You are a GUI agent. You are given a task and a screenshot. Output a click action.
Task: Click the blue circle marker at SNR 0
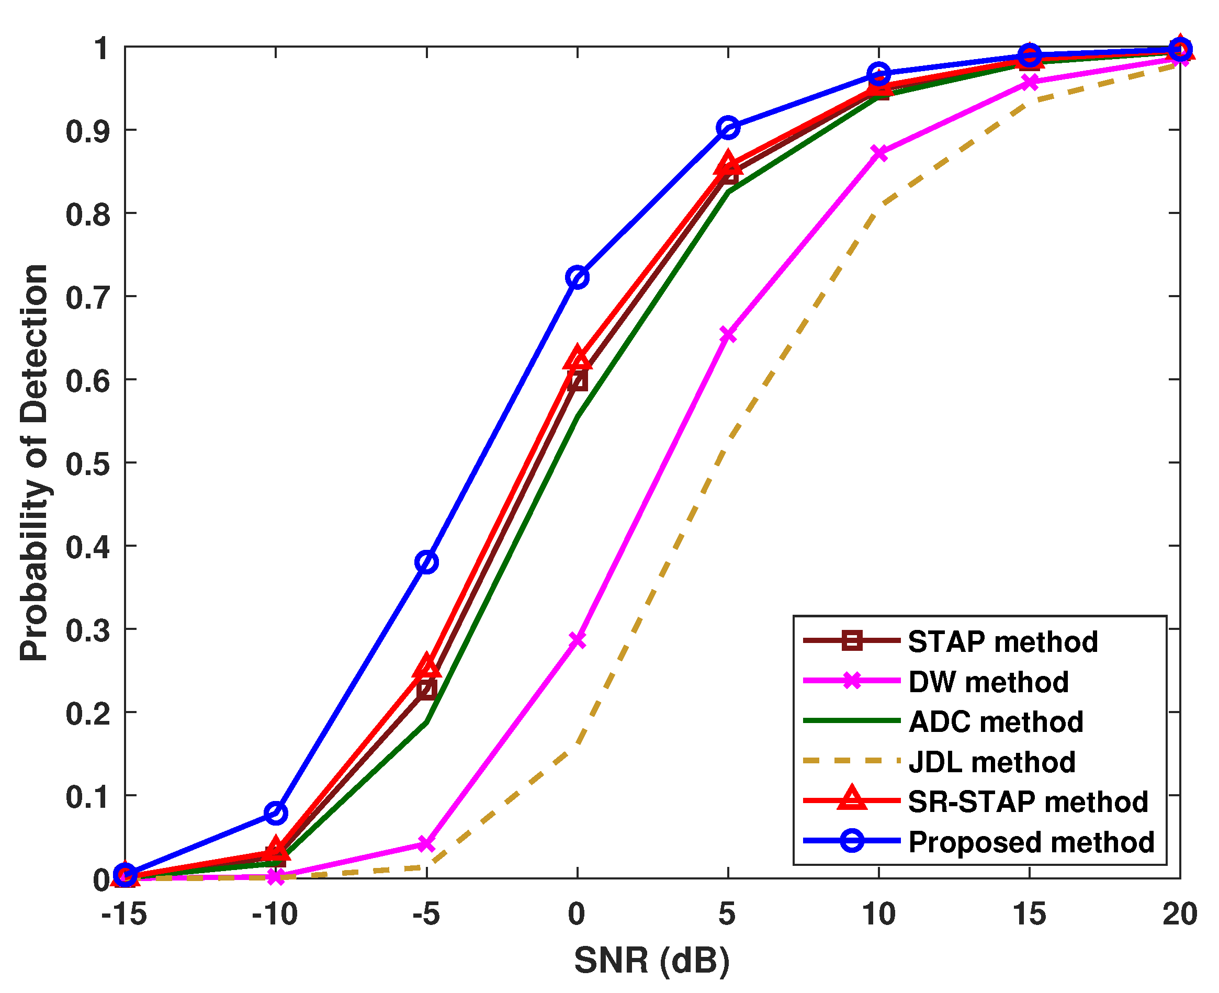(577, 277)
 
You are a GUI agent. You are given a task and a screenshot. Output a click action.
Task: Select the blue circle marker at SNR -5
(427, 562)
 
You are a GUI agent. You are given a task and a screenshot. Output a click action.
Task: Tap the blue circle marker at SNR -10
(276, 813)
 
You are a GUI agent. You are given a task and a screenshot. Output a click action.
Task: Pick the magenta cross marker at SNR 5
(728, 335)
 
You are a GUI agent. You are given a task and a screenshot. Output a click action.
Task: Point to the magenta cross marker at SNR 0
(577, 640)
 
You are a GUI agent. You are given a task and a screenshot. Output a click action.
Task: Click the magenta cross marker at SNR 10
(878, 153)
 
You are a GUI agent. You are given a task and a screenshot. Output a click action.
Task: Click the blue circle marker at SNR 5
(728, 128)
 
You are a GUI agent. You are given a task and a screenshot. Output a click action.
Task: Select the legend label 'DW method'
(988, 682)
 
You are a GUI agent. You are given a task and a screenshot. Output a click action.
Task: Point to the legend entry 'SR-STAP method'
(1028, 802)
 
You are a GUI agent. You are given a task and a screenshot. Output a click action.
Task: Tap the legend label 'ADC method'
(995, 722)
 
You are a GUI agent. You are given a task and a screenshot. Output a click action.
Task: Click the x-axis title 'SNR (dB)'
(651, 961)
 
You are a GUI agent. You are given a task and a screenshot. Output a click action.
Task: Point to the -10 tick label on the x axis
(275, 914)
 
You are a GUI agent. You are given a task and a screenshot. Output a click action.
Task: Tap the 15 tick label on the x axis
(1029, 914)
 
